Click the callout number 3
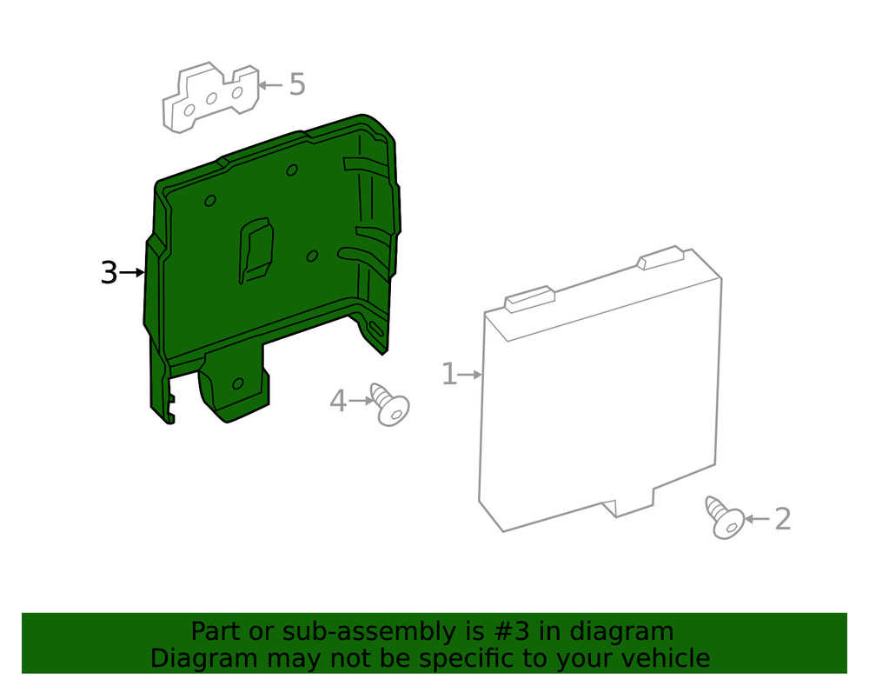(109, 273)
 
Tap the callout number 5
(297, 85)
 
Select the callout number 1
(449, 374)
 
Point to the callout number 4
(338, 401)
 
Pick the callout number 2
(782, 519)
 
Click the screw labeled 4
(390, 403)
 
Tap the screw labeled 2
(725, 517)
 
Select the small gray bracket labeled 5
(210, 97)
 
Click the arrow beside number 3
(132, 272)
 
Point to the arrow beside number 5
(271, 85)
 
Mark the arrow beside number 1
(470, 376)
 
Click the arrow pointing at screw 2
(757, 519)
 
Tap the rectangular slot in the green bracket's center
(255, 250)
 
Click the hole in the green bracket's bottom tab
(238, 383)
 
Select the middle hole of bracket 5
(211, 98)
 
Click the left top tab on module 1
(530, 299)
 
